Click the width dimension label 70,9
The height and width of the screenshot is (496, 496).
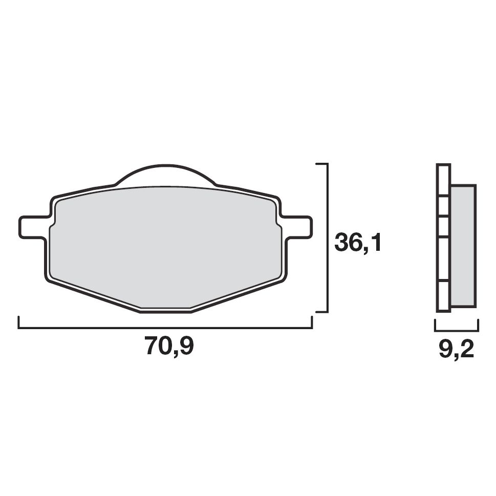pos(169,347)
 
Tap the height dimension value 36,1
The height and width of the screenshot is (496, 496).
pos(358,243)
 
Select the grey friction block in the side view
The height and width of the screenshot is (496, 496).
pos(463,246)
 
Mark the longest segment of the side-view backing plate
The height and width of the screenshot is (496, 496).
pos(443,258)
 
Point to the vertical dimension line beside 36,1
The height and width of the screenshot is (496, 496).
pos(327,238)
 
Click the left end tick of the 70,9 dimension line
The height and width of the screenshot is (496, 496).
pos(19,322)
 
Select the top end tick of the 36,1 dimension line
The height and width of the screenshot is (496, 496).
pos(321,164)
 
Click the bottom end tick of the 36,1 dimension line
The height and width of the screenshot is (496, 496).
pos(321,311)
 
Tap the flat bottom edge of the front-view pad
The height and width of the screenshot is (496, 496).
pos(165,311)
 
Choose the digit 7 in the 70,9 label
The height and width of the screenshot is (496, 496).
pos(152,347)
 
